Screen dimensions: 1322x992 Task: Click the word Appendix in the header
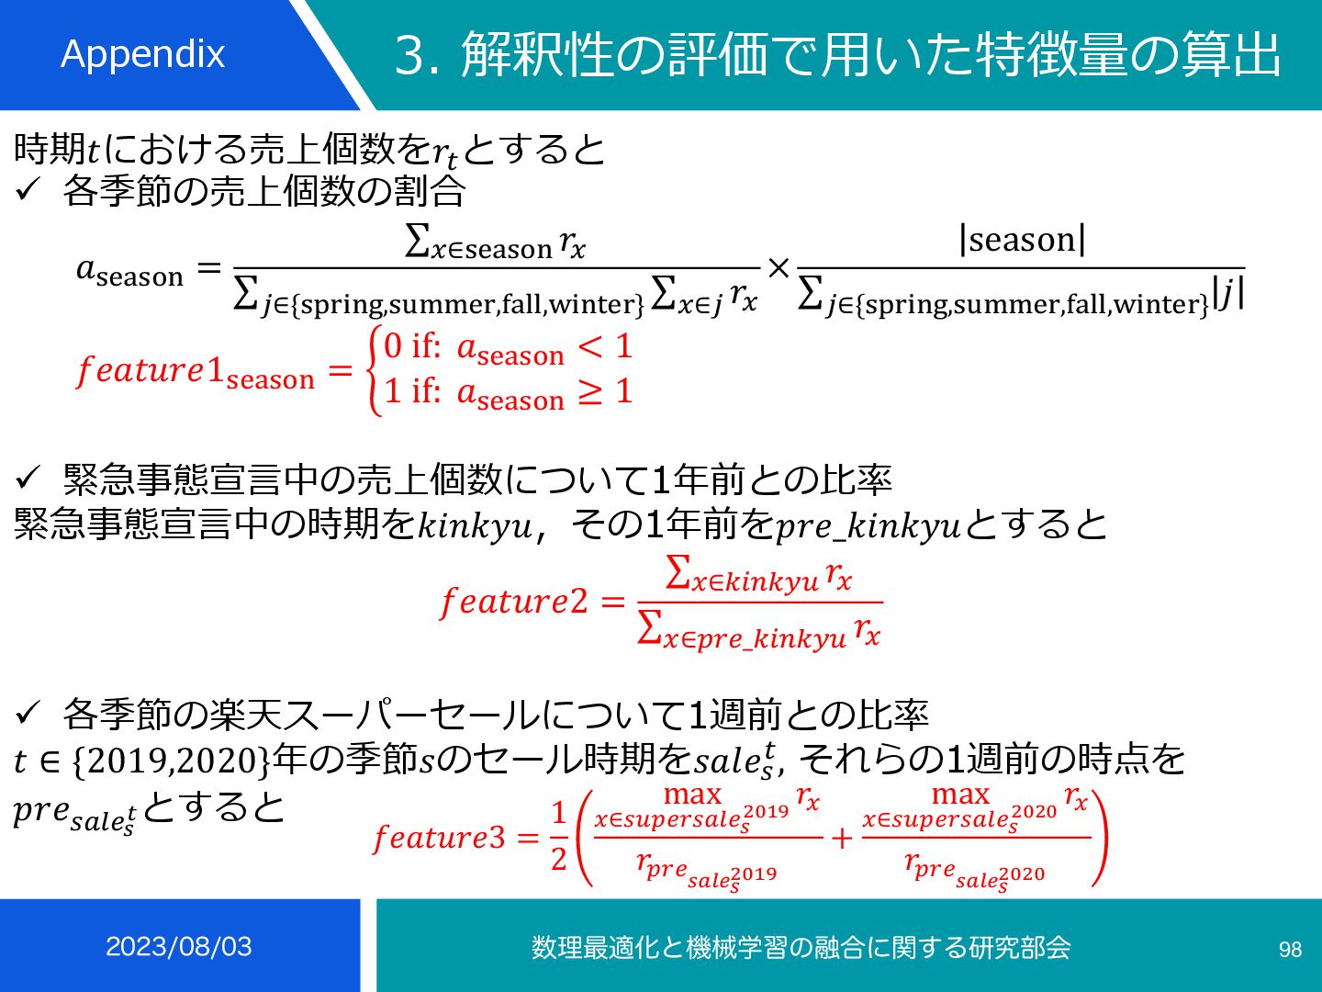(x=142, y=54)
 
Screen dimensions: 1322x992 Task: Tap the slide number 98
(x=1290, y=950)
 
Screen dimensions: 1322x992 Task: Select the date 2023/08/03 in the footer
(x=179, y=947)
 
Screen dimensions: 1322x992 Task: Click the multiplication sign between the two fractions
(x=779, y=268)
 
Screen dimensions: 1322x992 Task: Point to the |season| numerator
(x=1022, y=240)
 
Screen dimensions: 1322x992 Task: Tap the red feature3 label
(x=439, y=838)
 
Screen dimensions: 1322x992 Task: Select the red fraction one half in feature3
(x=558, y=836)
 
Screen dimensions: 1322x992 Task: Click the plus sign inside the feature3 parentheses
(x=841, y=838)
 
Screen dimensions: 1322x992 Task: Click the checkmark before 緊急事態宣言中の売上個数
(x=28, y=478)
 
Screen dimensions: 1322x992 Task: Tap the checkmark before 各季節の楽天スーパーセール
(x=28, y=713)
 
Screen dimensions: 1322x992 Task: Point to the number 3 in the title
(x=409, y=55)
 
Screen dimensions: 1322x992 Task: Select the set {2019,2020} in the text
(x=171, y=761)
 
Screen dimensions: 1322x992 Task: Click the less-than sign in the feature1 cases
(x=590, y=346)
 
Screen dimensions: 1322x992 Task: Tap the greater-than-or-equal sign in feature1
(x=590, y=392)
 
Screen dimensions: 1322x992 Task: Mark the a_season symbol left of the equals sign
(x=129, y=271)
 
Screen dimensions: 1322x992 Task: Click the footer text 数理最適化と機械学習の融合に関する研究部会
(x=801, y=947)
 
